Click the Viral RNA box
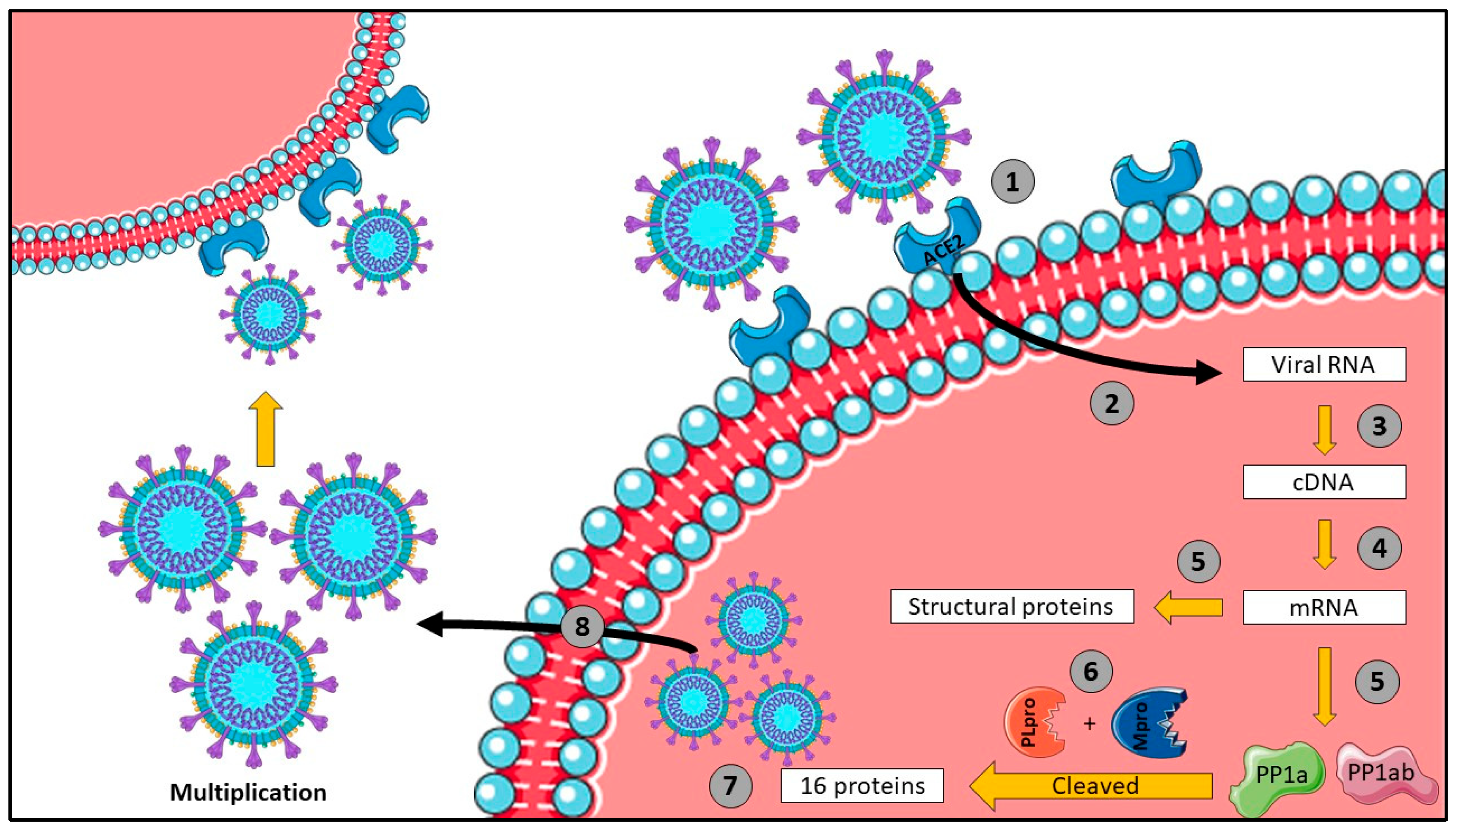point(1324,364)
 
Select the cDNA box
point(1324,482)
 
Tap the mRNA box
point(1324,607)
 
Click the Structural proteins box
point(1012,606)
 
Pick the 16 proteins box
point(861,786)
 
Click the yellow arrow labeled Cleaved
point(1092,786)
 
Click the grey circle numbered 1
point(1012,182)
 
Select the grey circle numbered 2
point(1111,403)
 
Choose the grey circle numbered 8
point(582,626)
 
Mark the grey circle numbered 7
point(730,786)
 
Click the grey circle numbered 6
point(1091,671)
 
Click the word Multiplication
point(248,792)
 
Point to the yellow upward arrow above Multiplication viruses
point(266,428)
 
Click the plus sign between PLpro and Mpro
point(1090,724)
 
